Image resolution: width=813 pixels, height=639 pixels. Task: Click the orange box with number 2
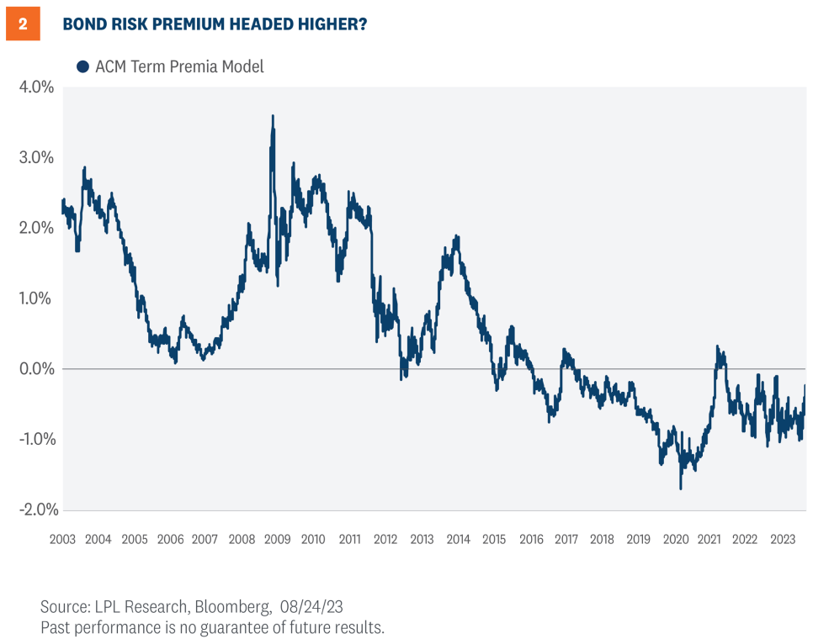[23, 24]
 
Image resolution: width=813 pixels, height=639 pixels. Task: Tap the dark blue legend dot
[82, 66]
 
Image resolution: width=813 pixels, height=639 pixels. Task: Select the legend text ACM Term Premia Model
[179, 66]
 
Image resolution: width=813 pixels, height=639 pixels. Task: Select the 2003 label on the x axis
[64, 539]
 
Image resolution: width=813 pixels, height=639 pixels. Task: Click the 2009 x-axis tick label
[278, 539]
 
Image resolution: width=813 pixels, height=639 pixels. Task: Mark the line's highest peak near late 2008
[273, 117]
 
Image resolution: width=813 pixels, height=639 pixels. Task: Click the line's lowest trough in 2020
[680, 488]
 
